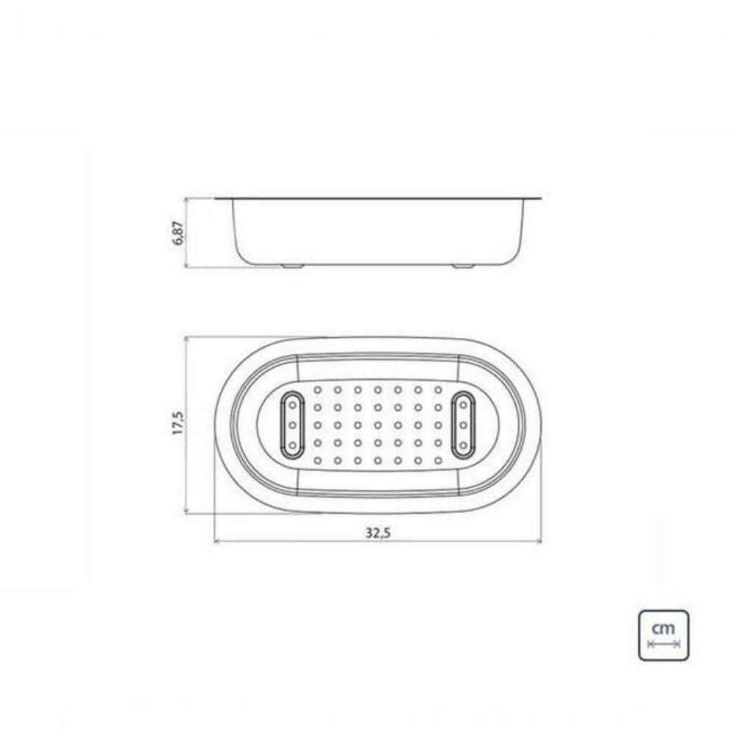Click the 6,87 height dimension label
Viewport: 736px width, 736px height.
[x=180, y=233]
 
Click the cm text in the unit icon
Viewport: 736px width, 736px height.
[x=663, y=628]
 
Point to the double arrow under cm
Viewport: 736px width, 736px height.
[x=663, y=643]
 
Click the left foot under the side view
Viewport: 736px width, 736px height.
[x=292, y=266]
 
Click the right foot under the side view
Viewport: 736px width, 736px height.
[x=463, y=266]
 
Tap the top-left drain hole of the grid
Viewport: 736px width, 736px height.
[x=318, y=389]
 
